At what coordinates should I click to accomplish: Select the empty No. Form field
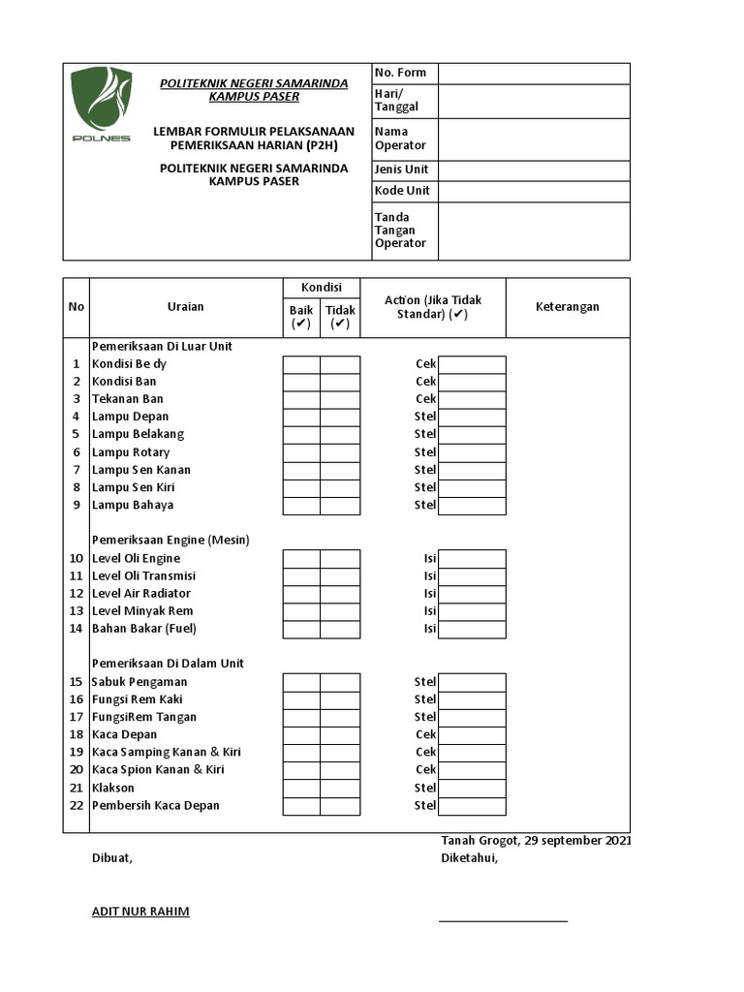[533, 74]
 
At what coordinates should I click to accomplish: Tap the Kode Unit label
[402, 191]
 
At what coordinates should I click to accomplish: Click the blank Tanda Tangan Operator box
[533, 231]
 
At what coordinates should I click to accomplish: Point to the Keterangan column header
[567, 307]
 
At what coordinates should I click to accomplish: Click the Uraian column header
[185, 307]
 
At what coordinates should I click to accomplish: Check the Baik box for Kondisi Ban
[301, 382]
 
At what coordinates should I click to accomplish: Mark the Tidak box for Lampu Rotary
[340, 452]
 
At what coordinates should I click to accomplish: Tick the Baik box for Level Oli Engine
[301, 559]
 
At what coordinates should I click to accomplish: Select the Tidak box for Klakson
[340, 788]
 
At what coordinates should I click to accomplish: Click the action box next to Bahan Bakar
[472, 629]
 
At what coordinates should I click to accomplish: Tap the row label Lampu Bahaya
[133, 506]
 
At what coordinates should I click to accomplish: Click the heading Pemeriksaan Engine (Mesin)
[170, 541]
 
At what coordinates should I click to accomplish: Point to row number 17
[77, 718]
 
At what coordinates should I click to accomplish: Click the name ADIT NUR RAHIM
[140, 912]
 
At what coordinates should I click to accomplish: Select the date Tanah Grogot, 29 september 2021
[536, 841]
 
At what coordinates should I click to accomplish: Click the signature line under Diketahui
[503, 921]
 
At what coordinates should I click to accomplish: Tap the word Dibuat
[111, 858]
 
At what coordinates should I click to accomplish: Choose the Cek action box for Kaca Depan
[472, 735]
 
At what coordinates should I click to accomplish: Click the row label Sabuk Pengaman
[139, 682]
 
